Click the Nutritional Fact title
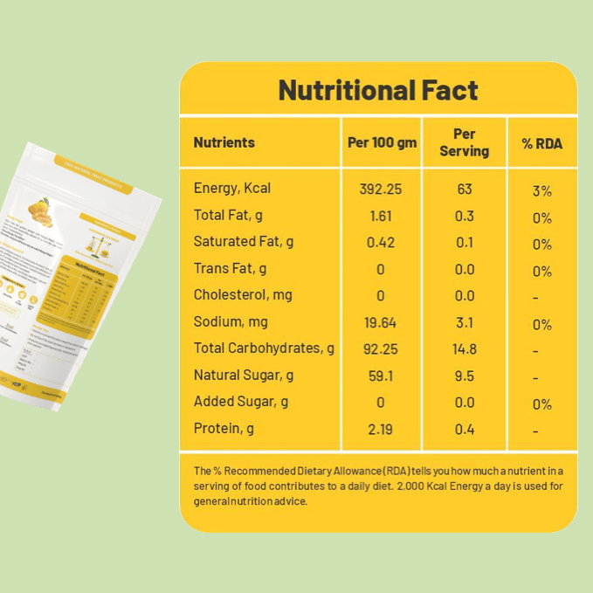pos(378,90)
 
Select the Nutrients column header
pos(224,142)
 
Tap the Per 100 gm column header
pos(382,142)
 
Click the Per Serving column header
pos(464,142)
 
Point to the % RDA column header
pos(542,143)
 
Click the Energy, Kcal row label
pos(232,189)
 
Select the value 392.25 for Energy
pos(381,190)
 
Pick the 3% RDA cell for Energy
pos(542,191)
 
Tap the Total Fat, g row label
pos(229,215)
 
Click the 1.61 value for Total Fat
pos(381,216)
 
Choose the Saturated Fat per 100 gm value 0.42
pos(381,242)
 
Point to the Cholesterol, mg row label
pos(243,294)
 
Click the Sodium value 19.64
pos(381,323)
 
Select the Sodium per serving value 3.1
pos(465,323)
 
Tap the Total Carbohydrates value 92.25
pos(381,349)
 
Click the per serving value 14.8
pos(465,349)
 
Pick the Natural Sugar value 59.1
pos(381,376)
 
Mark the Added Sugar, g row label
pos(241,402)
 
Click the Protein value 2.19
pos(381,430)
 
